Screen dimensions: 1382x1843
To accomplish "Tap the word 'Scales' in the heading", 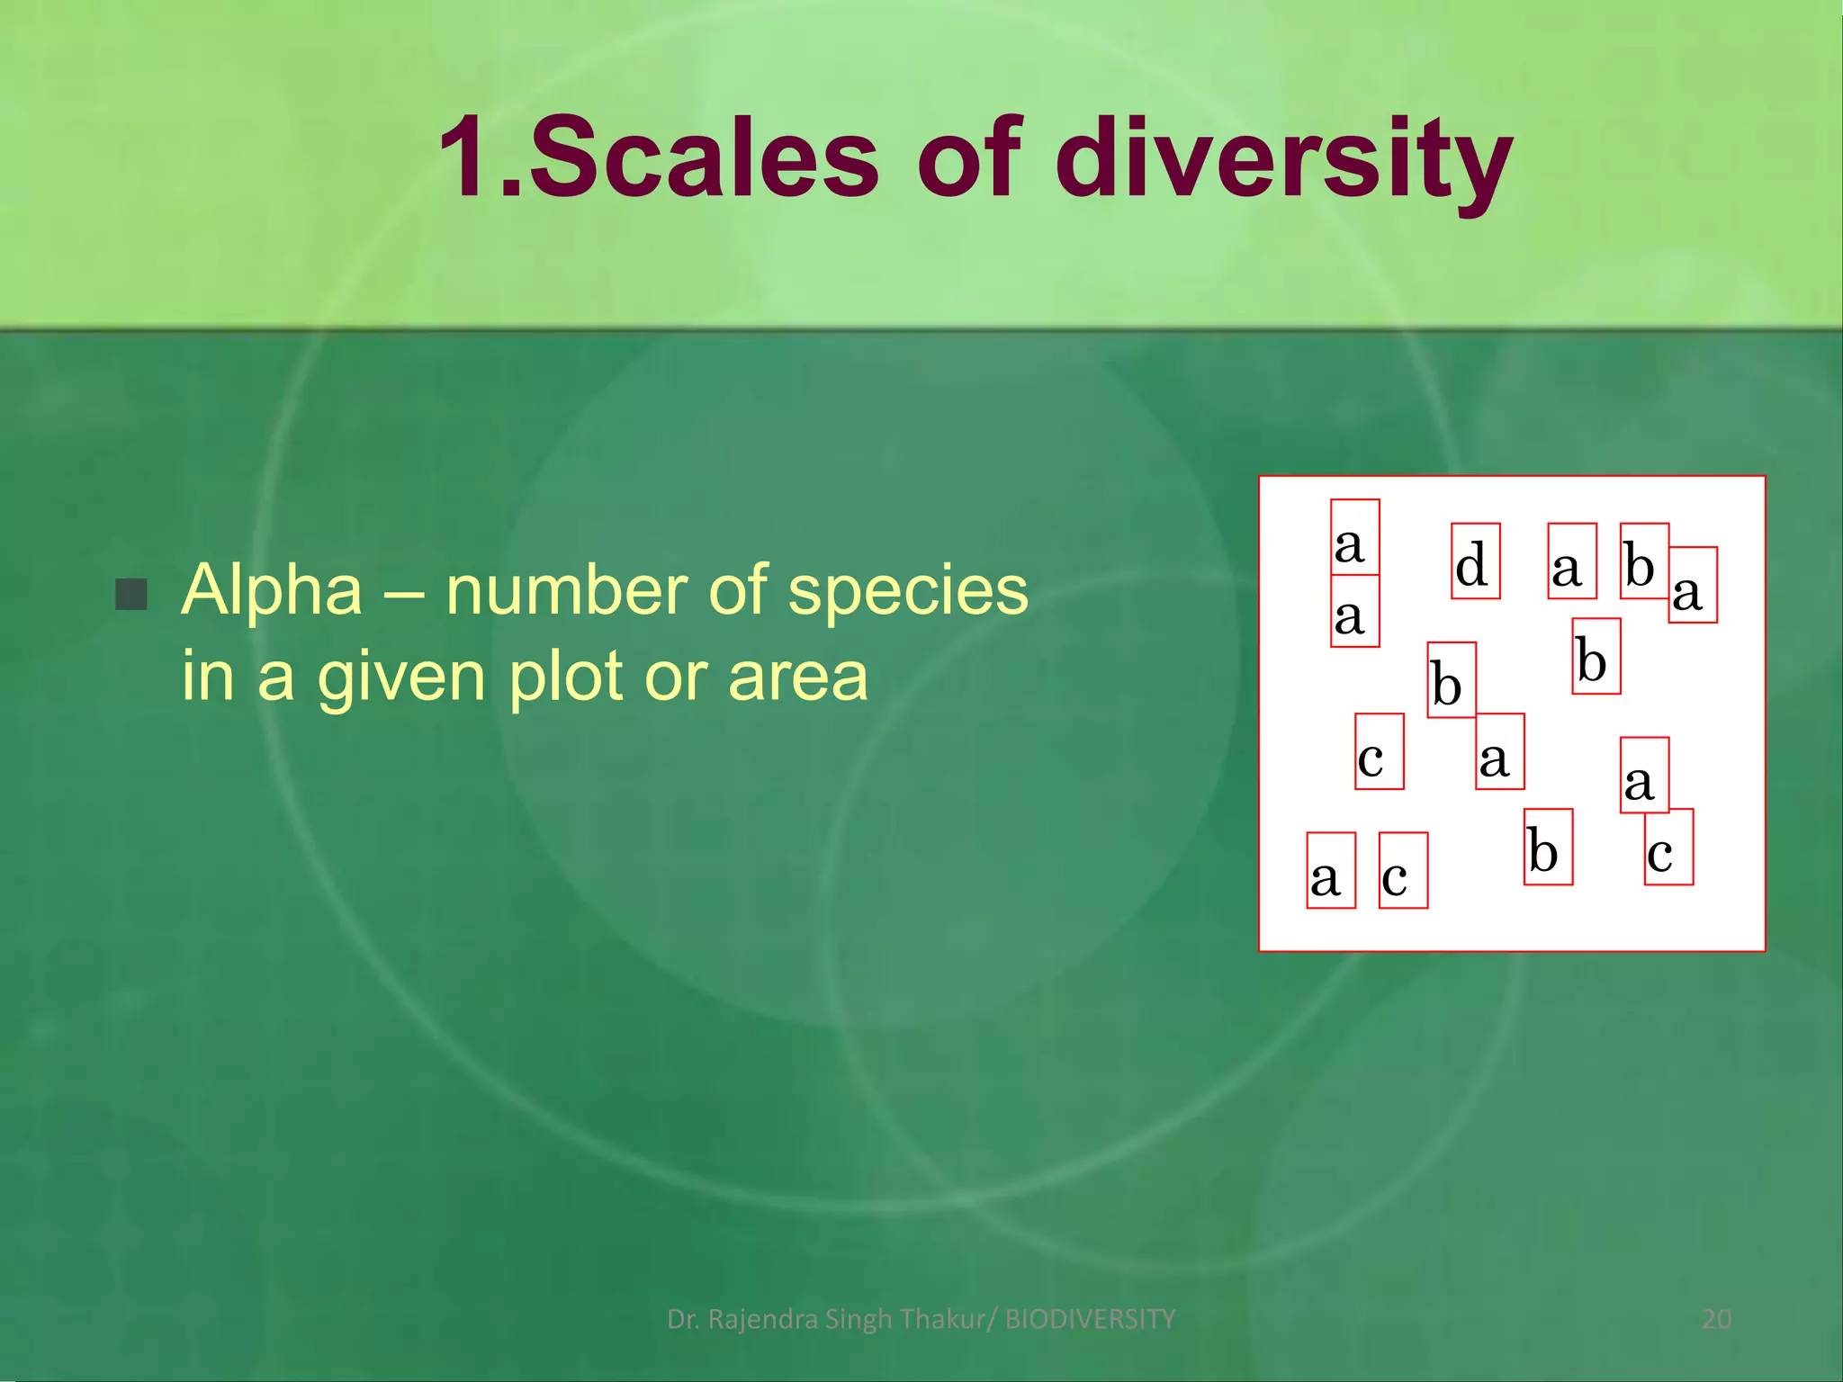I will (703, 160).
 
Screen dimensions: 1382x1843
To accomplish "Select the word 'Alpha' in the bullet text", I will (272, 591).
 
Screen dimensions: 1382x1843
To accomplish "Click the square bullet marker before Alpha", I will (131, 594).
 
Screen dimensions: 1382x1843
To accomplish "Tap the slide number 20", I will (1716, 1319).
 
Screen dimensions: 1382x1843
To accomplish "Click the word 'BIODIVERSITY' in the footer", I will (1090, 1319).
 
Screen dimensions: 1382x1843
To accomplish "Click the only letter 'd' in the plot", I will (1472, 565).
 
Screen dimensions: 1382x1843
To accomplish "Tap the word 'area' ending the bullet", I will (798, 678).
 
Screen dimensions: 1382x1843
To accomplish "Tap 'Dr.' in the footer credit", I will (683, 1319).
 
